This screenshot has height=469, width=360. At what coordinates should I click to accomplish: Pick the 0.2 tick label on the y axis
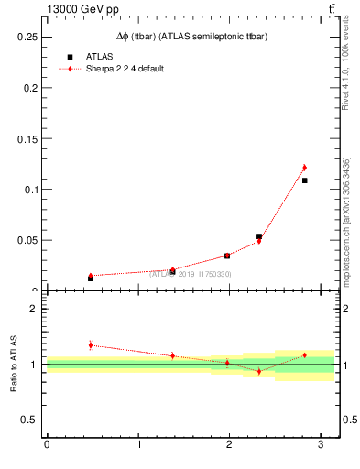point(29,87)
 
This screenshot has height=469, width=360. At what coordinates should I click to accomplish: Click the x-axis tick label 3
point(321,446)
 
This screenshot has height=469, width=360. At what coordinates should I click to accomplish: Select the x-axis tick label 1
point(138,446)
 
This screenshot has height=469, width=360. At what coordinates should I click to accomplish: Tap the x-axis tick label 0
point(47,446)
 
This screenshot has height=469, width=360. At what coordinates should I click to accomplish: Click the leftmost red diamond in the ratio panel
point(90,344)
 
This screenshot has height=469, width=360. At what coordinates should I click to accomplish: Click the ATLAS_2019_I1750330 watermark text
point(191,274)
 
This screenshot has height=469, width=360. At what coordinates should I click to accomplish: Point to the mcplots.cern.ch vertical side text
point(346,229)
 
